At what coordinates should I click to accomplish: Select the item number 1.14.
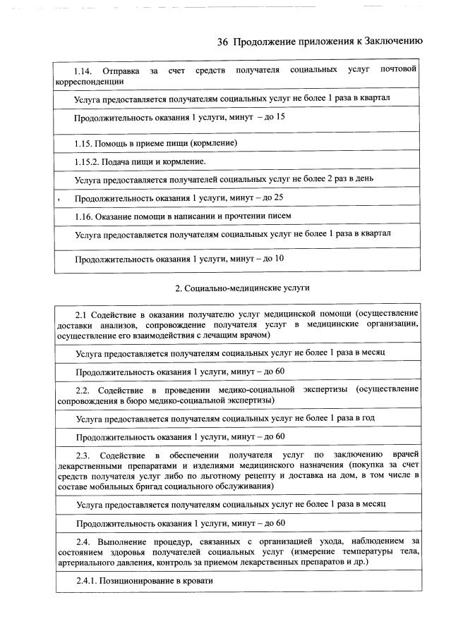[x=83, y=71]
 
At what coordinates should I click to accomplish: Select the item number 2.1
[x=81, y=313]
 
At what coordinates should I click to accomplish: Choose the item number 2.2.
[x=83, y=389]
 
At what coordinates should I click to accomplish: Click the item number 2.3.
[x=83, y=454]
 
